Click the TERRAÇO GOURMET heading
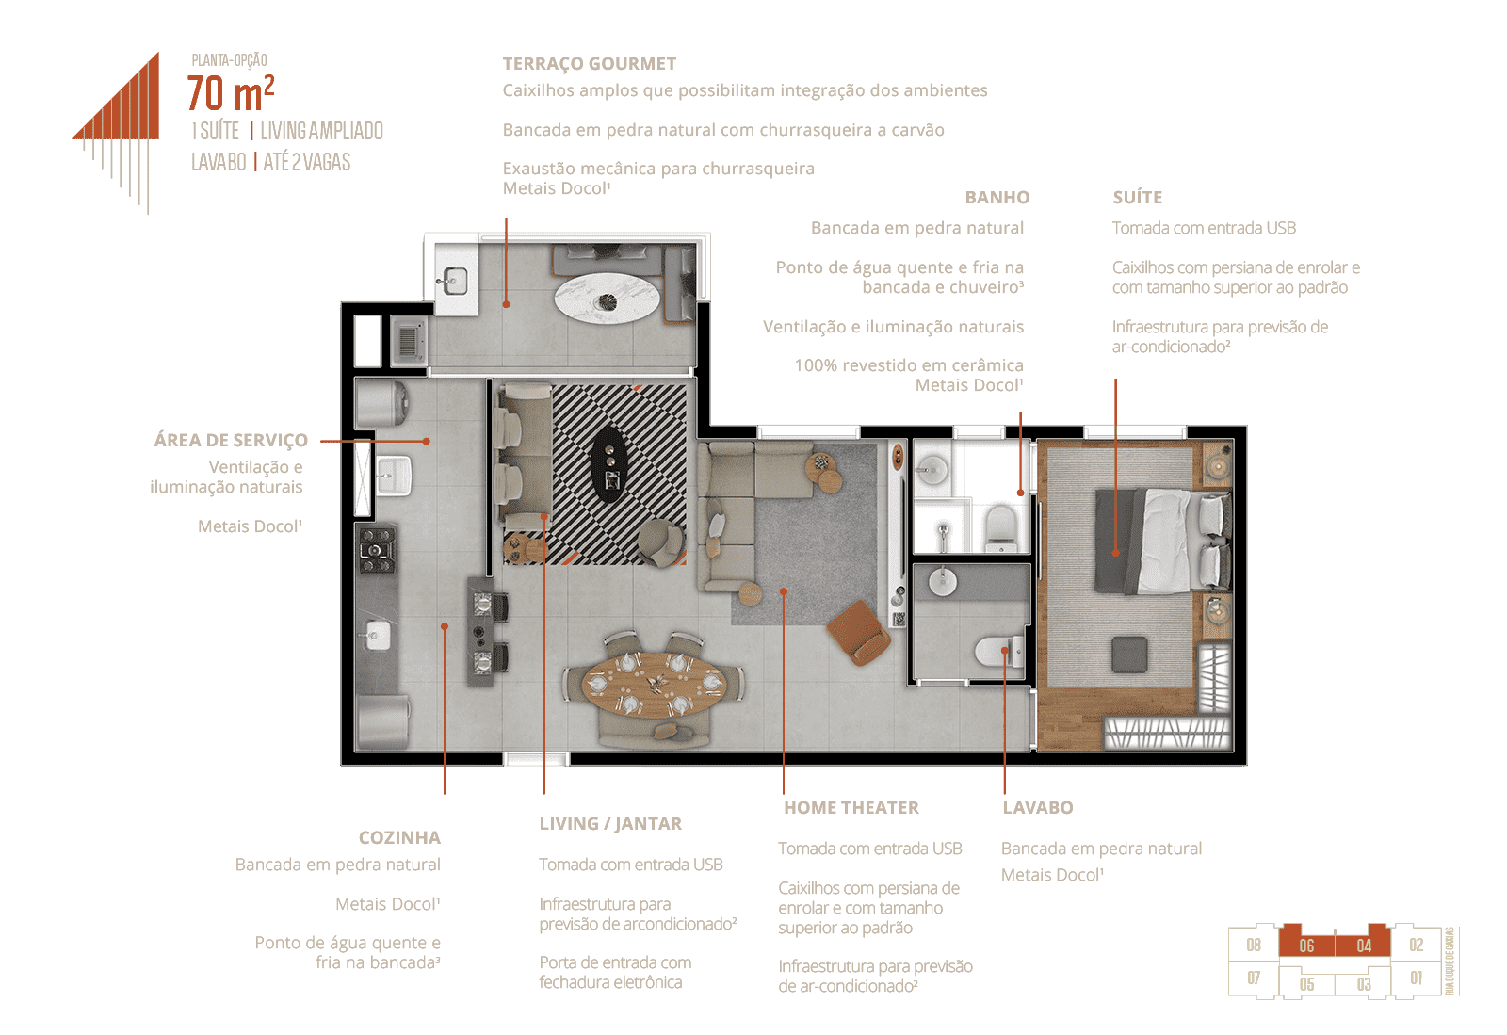(x=590, y=64)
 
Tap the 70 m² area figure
(x=231, y=93)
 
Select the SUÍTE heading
(x=1137, y=197)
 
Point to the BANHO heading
(x=997, y=197)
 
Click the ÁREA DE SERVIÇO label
(x=231, y=440)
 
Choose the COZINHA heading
(x=399, y=837)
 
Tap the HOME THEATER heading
(x=851, y=807)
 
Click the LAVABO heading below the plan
(x=1037, y=807)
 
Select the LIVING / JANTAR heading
(x=610, y=823)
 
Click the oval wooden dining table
(x=653, y=685)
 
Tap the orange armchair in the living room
(x=858, y=632)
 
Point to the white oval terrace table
(x=608, y=298)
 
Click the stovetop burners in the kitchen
(x=376, y=549)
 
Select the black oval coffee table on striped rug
(x=611, y=464)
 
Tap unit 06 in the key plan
(x=1306, y=946)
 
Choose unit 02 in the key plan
(x=1417, y=945)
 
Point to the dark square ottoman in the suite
(x=1129, y=655)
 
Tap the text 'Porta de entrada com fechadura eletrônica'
(x=615, y=972)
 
